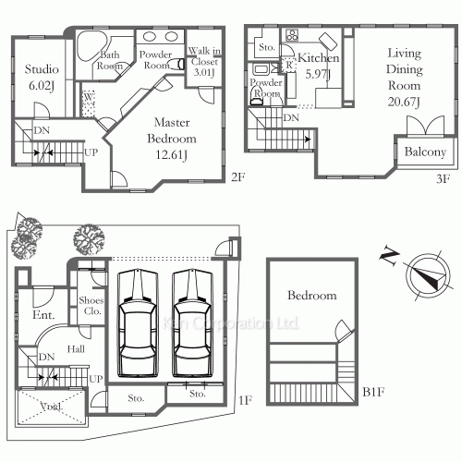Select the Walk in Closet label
203,62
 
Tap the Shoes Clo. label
91,306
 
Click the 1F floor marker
245,400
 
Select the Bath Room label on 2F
111,60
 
